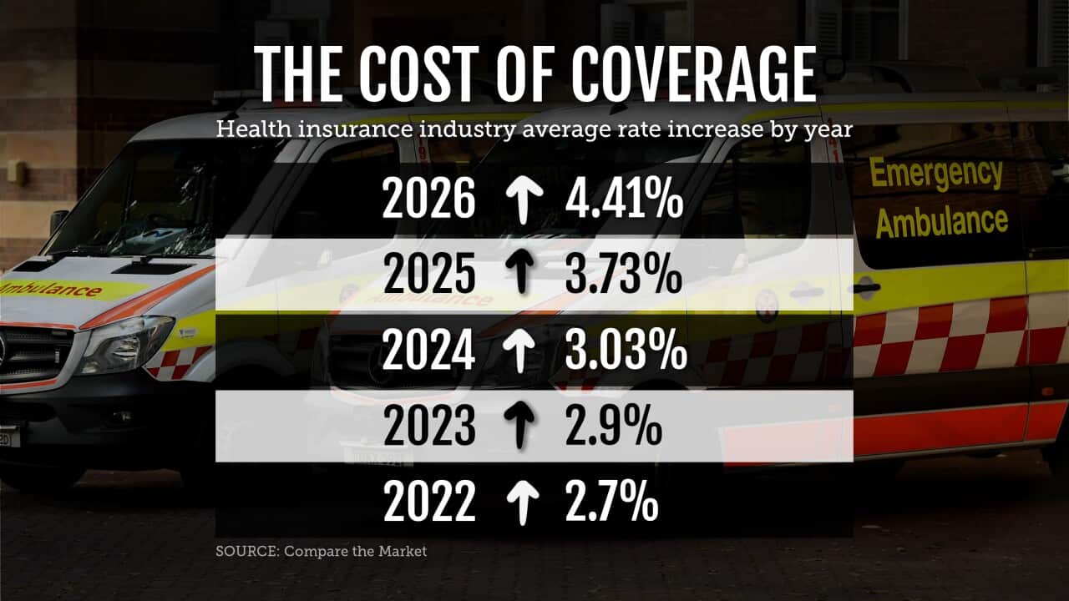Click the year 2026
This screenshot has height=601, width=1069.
coord(428,201)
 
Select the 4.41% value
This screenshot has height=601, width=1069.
coord(624,201)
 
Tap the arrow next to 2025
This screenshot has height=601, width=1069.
coord(522,275)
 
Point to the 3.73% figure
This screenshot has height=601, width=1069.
coord(623,275)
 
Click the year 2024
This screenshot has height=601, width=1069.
coord(428,351)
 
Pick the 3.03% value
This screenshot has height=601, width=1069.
coord(626,351)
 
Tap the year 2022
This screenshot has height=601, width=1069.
coord(428,503)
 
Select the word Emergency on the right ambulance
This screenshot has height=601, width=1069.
coord(935,174)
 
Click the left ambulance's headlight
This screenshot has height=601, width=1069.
coord(124,344)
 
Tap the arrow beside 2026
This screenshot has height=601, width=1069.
coord(522,201)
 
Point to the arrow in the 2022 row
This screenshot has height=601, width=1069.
coord(522,503)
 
